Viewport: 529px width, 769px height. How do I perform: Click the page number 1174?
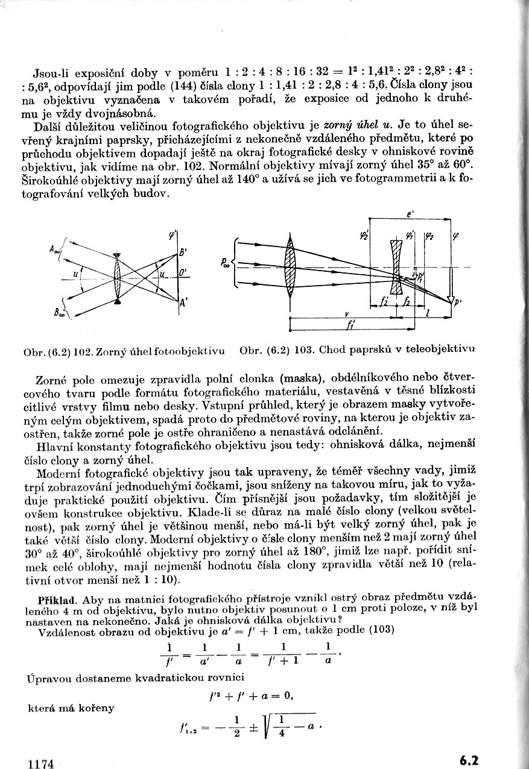41,764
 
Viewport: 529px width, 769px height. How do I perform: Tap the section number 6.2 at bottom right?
469,760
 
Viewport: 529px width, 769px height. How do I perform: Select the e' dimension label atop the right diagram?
410,213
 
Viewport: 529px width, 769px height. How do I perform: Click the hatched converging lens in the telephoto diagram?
291,267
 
